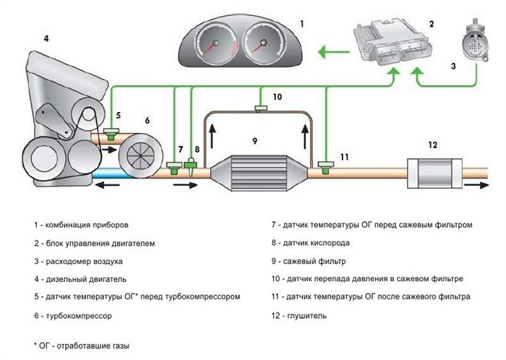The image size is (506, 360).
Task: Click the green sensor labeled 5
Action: tap(111, 134)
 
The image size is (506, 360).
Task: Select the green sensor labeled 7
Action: tap(176, 168)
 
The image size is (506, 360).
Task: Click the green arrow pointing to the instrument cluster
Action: tap(332, 51)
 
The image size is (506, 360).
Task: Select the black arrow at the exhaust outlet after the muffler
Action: tap(478, 185)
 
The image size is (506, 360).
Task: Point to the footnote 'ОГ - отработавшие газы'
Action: tap(80, 346)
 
